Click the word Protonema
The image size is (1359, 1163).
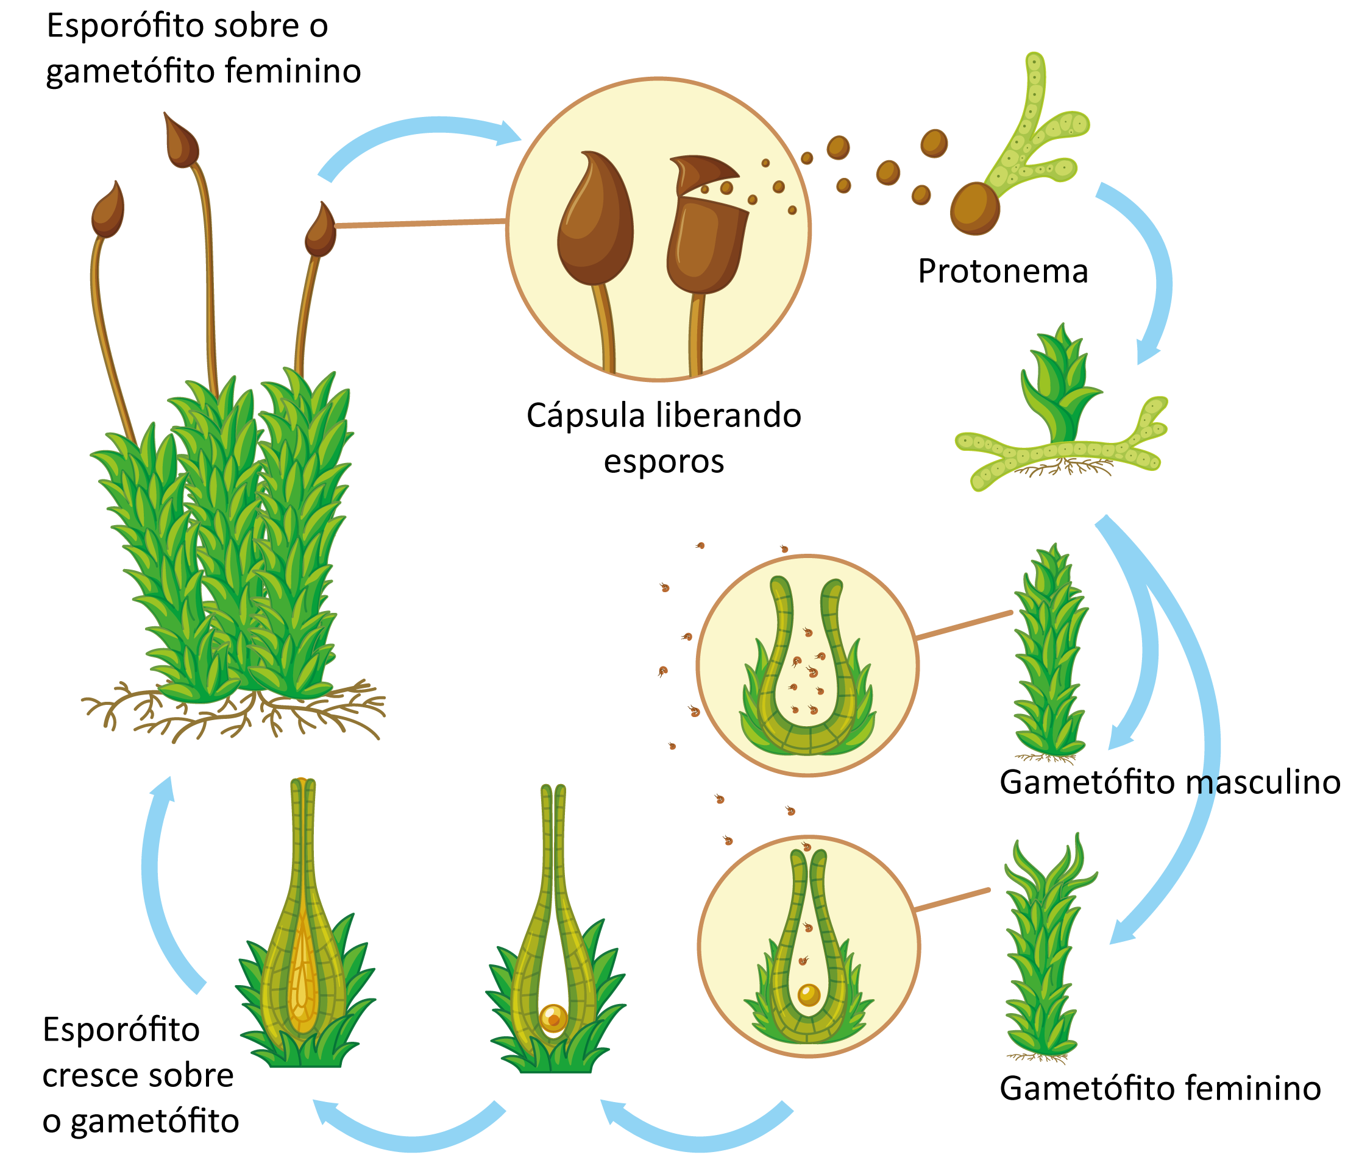tap(1002, 272)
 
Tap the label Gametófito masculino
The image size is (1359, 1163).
tap(1169, 782)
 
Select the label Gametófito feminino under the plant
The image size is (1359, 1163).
tap(1160, 1088)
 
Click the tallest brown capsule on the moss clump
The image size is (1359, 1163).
tap(181, 141)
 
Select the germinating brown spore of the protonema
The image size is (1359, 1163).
tap(974, 208)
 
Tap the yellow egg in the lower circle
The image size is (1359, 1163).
tap(809, 994)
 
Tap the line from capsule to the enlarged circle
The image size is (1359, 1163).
tap(420, 224)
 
